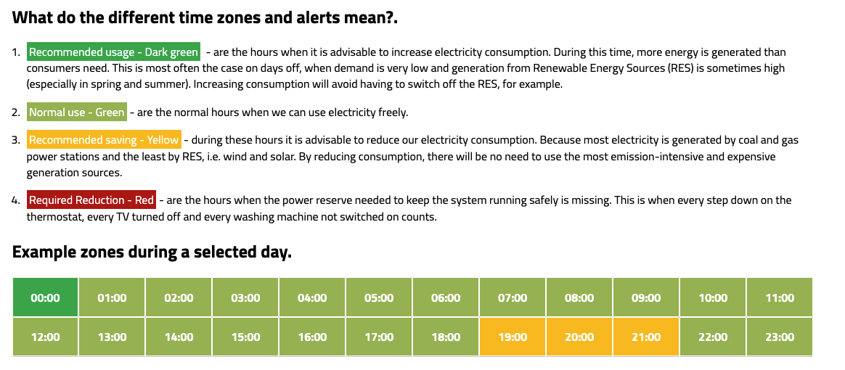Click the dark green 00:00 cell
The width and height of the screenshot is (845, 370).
click(45, 297)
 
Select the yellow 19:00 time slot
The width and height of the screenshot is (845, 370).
click(513, 337)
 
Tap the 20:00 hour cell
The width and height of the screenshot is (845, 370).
click(579, 337)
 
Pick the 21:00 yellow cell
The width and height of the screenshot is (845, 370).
click(646, 337)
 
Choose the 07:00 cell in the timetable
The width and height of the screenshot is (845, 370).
click(513, 297)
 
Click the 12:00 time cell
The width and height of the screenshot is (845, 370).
click(45, 337)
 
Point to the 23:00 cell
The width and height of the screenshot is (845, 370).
click(779, 337)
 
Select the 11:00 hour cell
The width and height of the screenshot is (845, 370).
click(779, 297)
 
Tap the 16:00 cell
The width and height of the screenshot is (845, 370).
click(312, 337)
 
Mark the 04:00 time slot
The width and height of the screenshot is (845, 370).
click(312, 297)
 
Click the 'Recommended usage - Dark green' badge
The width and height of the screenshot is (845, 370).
click(114, 52)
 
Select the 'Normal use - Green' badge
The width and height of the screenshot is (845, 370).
click(77, 112)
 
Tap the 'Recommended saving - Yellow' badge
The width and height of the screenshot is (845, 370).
click(104, 140)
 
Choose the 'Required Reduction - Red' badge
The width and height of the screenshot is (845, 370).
click(91, 200)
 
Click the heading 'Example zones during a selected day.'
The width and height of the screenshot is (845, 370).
click(152, 252)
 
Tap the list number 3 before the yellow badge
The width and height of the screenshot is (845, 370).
click(16, 141)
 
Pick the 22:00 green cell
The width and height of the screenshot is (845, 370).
click(712, 337)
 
